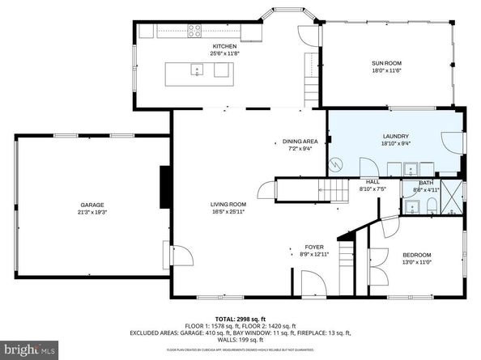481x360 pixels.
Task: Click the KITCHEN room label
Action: pyautogui.click(x=224, y=46)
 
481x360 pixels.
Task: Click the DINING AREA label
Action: pyautogui.click(x=300, y=141)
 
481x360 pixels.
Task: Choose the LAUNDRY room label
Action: pyautogui.click(x=395, y=136)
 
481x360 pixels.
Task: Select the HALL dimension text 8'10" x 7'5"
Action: pyautogui.click(x=372, y=189)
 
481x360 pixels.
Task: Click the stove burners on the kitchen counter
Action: pyautogui.click(x=196, y=32)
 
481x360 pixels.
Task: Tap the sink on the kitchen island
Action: pyautogui.click(x=197, y=71)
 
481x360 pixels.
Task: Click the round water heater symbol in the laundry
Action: pyautogui.click(x=335, y=165)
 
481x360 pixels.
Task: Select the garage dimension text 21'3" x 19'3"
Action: pyautogui.click(x=92, y=212)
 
